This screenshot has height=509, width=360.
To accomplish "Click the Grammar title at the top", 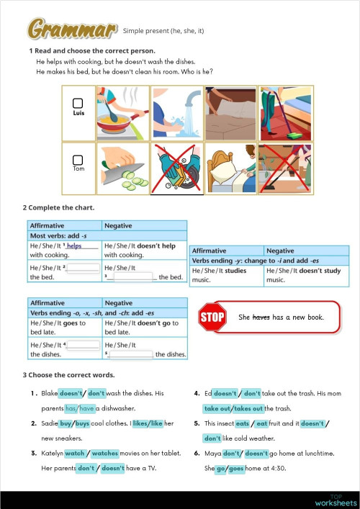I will [x=72, y=29].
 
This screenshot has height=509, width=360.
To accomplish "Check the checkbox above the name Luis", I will [x=78, y=103].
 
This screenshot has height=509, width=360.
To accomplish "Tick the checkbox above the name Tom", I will [x=78, y=159].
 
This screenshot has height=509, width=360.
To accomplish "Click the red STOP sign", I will [x=212, y=317].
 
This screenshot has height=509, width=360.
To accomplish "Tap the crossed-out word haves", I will [x=260, y=317].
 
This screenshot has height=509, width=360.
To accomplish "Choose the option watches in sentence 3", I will [x=105, y=454].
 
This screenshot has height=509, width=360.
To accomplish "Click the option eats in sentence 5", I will [x=264, y=423].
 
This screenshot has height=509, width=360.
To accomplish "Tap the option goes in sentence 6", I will [x=237, y=469].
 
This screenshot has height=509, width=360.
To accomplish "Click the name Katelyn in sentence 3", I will [x=52, y=454].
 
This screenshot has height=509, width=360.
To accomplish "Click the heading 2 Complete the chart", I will [x=59, y=208].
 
